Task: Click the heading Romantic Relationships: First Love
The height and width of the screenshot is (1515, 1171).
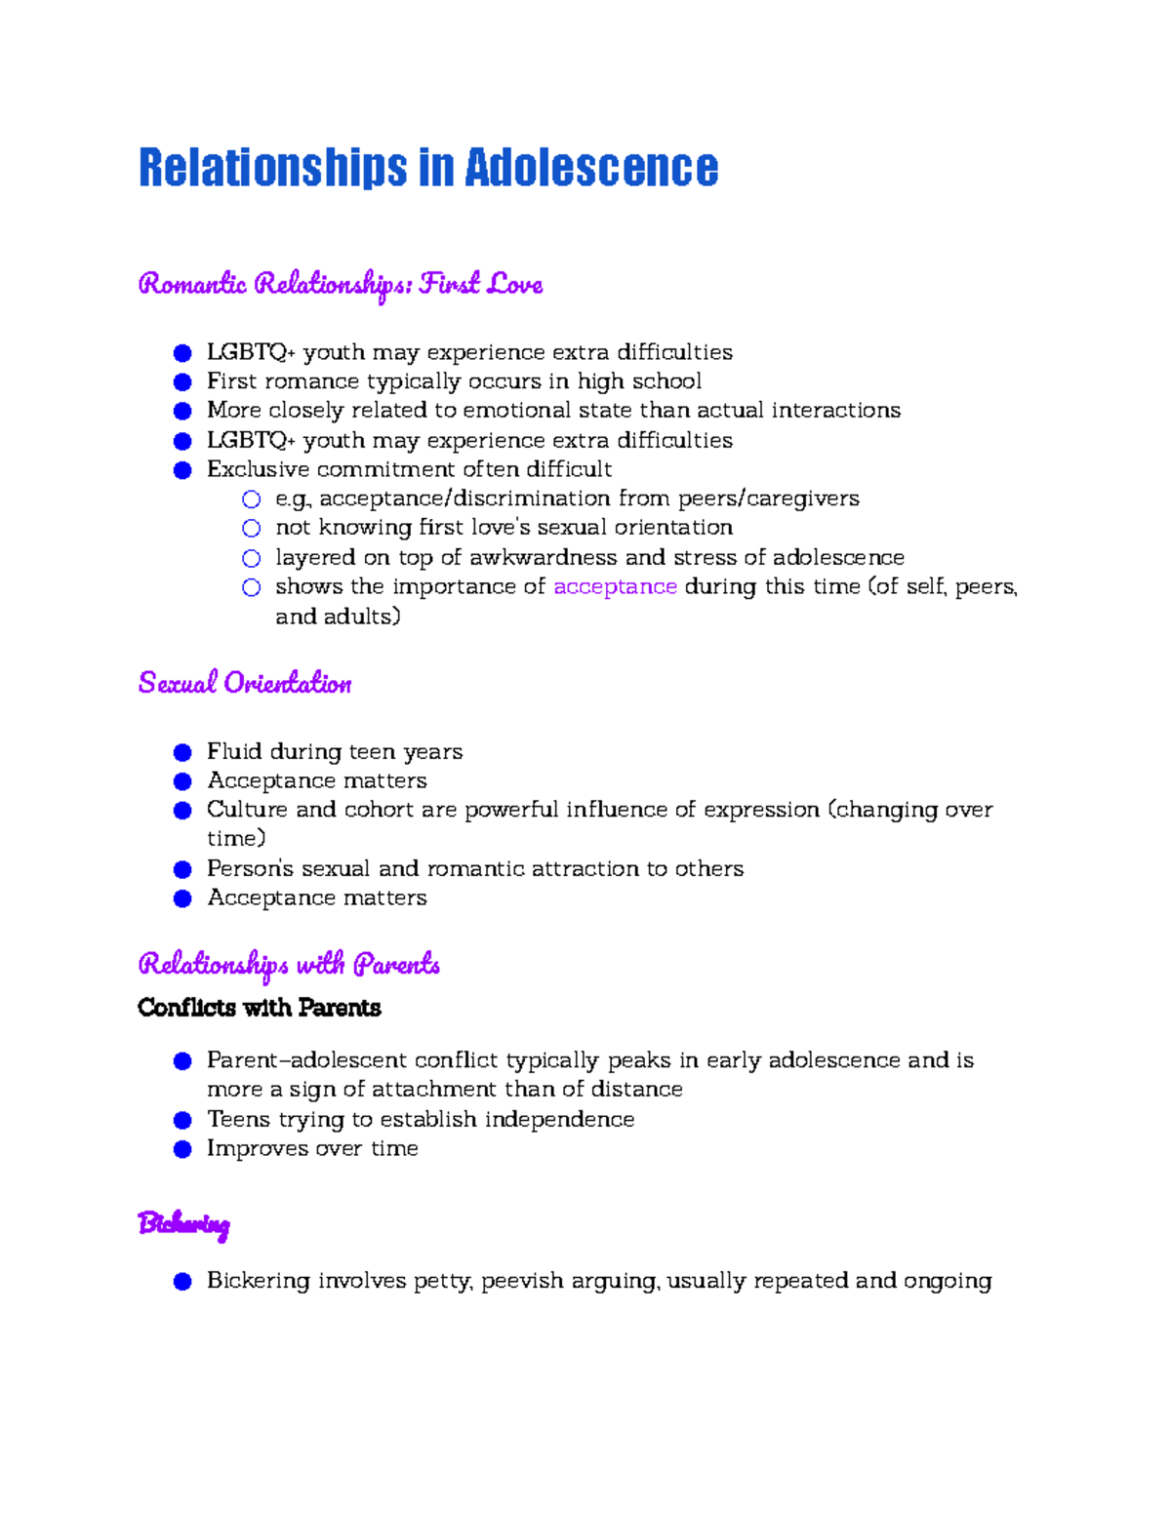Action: (x=340, y=284)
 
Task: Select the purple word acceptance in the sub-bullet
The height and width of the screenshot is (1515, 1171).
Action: (x=615, y=586)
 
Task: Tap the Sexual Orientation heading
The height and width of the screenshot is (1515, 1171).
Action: (x=245, y=683)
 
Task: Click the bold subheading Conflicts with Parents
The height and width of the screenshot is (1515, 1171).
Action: (x=259, y=1008)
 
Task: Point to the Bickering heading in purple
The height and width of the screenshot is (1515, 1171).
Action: (x=183, y=1223)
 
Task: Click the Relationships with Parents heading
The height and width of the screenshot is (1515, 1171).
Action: (x=289, y=965)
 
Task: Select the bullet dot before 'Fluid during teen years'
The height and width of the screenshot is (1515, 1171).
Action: (x=182, y=752)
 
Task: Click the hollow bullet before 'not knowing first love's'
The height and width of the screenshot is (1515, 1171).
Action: (x=252, y=528)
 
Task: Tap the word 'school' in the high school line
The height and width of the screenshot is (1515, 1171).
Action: (x=666, y=380)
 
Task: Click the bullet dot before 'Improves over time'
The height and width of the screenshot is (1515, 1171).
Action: (x=182, y=1149)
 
